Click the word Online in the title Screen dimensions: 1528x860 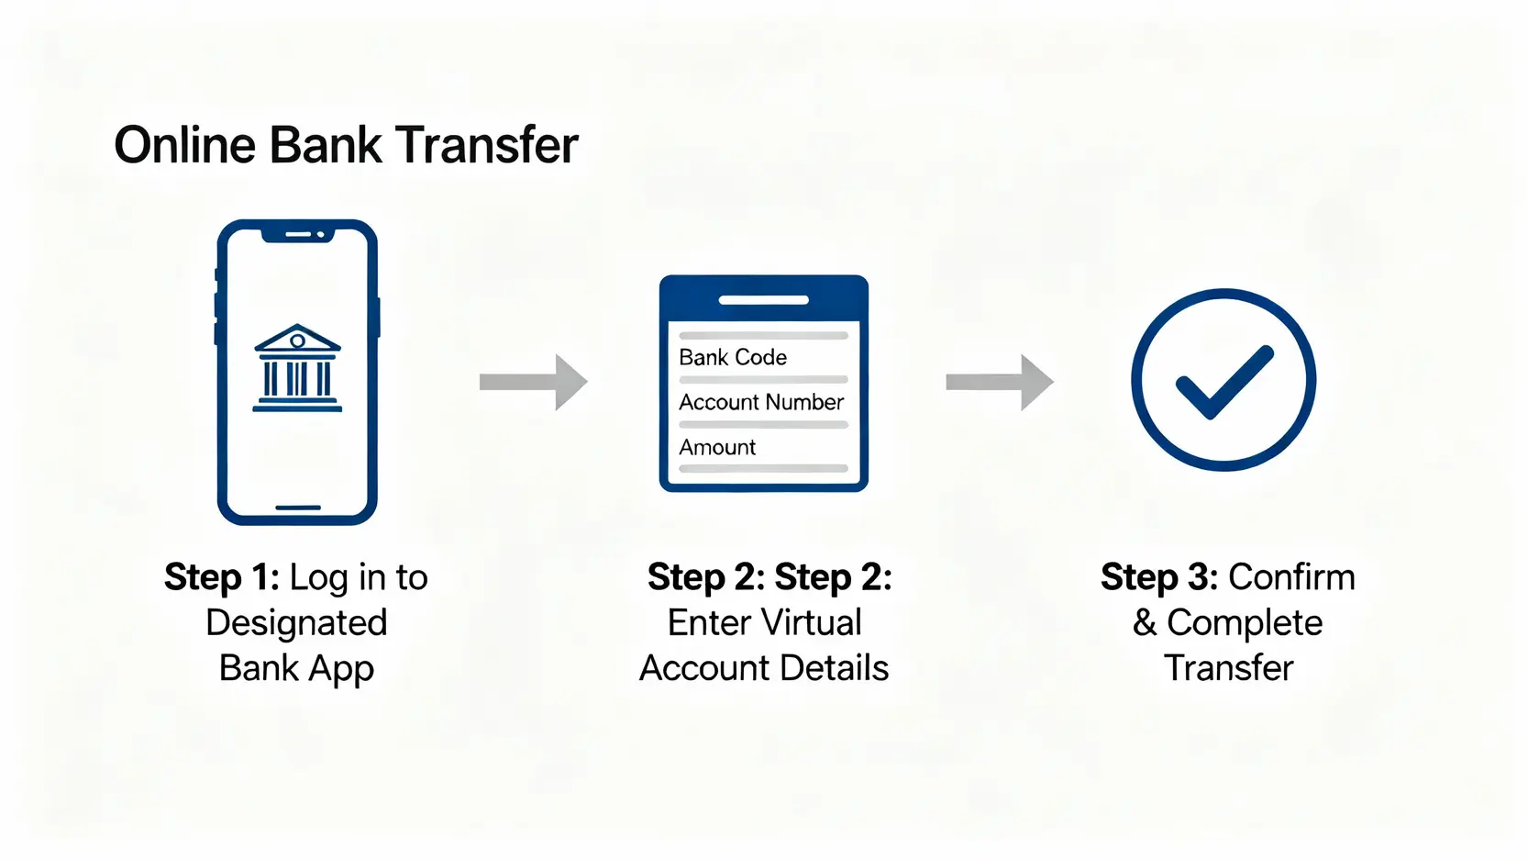(x=185, y=145)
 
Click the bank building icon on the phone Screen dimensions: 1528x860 (x=297, y=368)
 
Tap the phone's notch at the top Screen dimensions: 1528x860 (x=298, y=235)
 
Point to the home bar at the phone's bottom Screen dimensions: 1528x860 (x=298, y=508)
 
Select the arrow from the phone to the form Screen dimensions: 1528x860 (x=534, y=382)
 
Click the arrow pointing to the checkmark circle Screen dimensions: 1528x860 (x=1000, y=382)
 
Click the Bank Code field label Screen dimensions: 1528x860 (x=733, y=358)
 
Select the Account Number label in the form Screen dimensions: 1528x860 (x=761, y=402)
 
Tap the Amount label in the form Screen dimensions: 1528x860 (x=717, y=447)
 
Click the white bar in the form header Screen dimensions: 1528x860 (x=764, y=300)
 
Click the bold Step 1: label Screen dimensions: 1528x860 (x=222, y=577)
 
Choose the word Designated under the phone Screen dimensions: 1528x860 (x=297, y=622)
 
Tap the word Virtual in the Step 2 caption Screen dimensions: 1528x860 (x=812, y=622)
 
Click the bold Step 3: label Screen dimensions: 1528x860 (x=1159, y=577)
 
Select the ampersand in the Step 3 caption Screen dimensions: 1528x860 (x=1144, y=622)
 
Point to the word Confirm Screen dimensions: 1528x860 (x=1291, y=577)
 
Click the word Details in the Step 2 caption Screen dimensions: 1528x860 (x=834, y=668)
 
